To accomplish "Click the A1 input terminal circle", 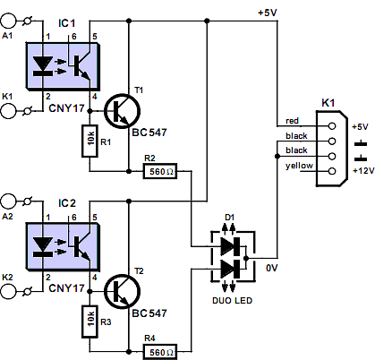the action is pos(8,21).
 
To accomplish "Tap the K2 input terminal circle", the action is pos(8,291).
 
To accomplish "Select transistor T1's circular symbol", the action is pos(122,111).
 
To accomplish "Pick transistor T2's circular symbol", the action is pos(122,292).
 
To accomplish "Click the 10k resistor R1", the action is pos(89,141).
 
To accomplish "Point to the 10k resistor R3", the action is pos(89,321).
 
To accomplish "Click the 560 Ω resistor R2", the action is pos(160,171).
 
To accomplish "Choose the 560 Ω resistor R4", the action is pos(160,352).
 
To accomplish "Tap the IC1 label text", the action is pos(67,23).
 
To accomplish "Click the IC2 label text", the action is pos(67,203).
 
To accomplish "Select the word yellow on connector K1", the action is pos(299,166).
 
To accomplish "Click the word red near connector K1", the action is pos(292,121).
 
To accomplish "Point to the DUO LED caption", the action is pos(233,300).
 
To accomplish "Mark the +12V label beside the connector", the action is pos(363,171).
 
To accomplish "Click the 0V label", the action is pos(272,268).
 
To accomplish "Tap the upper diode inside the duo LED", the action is pos(230,246).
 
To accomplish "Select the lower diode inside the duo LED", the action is pos(230,269).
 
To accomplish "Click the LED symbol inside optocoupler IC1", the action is pos(43,66).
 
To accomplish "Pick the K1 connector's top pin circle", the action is pos(332,126).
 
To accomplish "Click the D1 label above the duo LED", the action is pos(229,217).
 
